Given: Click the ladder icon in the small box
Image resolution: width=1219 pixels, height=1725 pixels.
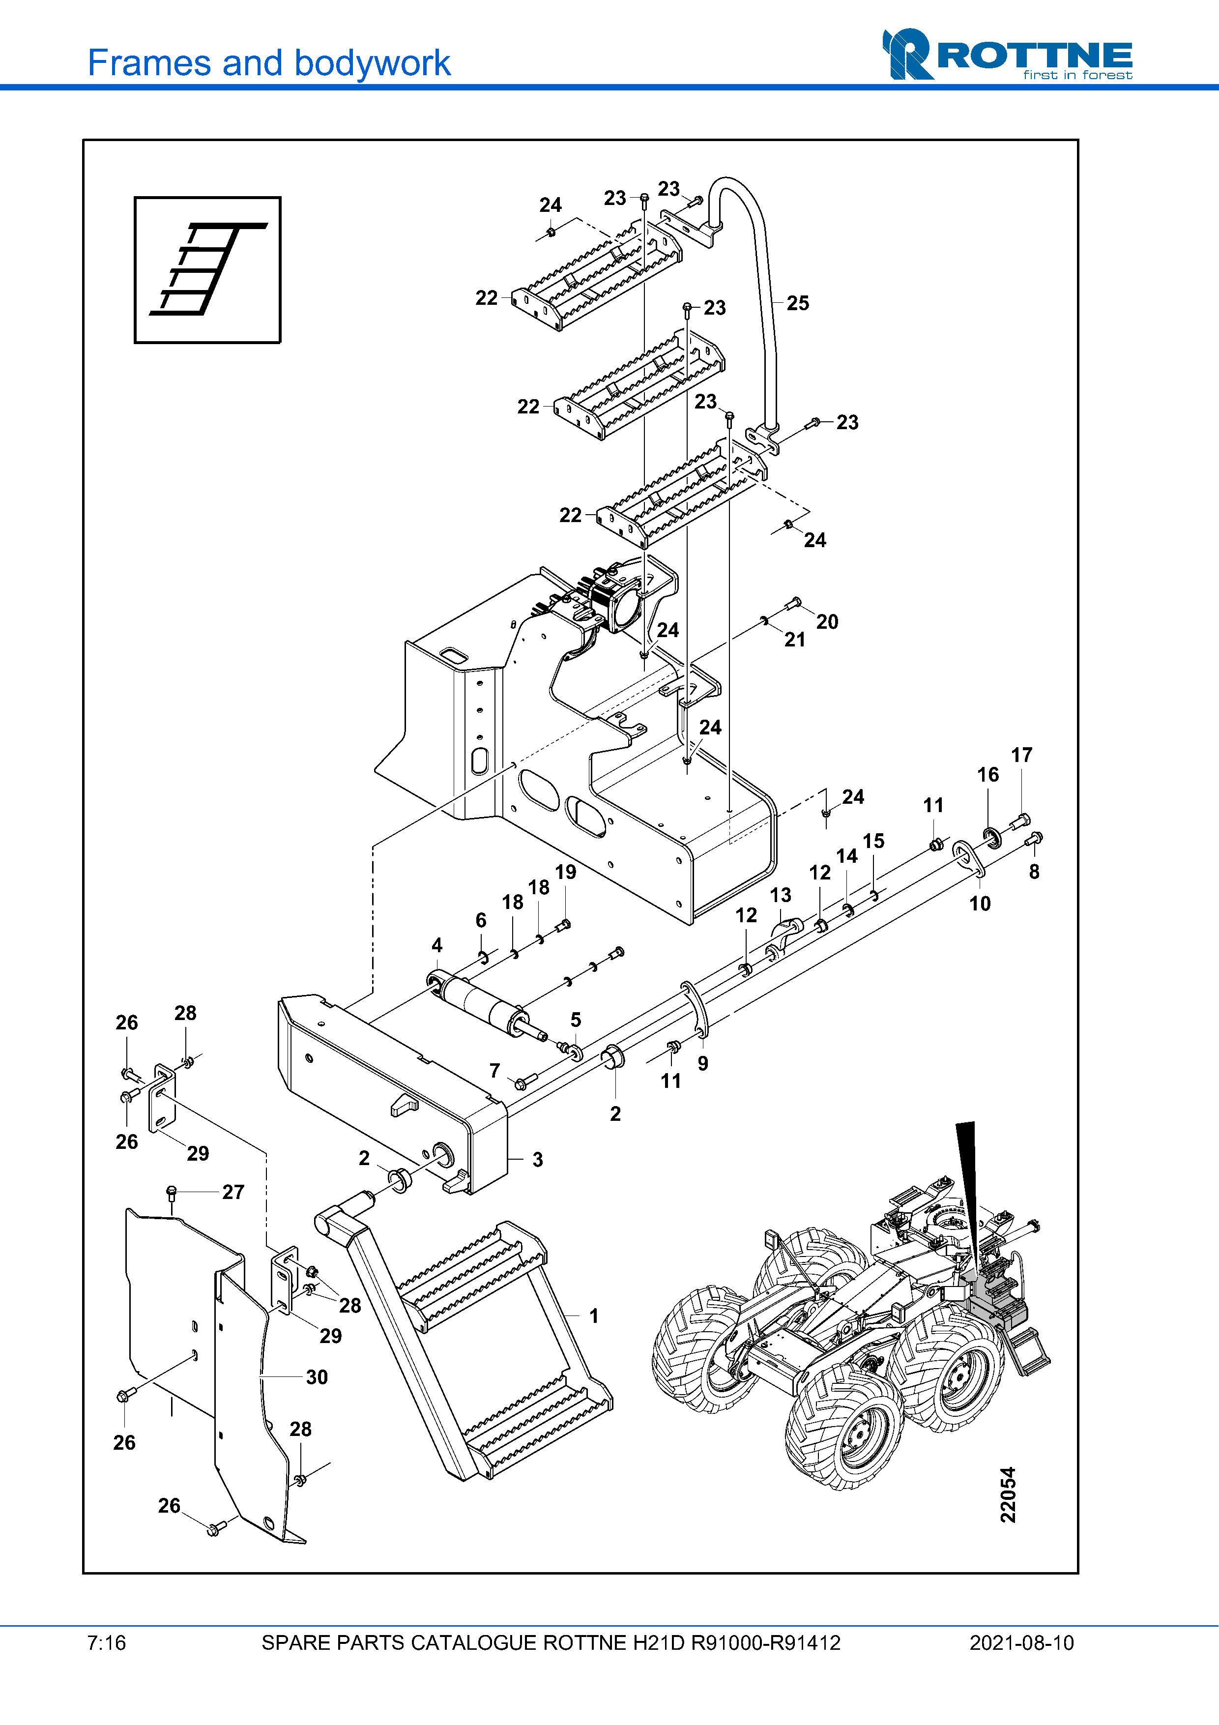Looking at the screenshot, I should (208, 269).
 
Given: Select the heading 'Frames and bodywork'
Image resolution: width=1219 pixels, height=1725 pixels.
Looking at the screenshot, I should (268, 63).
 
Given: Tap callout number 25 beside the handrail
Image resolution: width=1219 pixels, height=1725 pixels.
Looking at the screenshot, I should (798, 303).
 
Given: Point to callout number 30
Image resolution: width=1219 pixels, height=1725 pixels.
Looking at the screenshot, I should (316, 1377).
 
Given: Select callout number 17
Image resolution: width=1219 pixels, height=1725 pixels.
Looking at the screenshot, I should (1021, 755).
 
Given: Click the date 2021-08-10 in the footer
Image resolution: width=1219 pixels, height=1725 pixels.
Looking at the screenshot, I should (1021, 1643).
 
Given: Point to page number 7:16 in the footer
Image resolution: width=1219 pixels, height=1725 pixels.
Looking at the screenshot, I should (107, 1643).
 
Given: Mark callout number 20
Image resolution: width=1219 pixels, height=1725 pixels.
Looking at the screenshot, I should (827, 622).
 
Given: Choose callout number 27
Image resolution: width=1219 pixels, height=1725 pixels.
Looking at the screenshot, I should (233, 1192).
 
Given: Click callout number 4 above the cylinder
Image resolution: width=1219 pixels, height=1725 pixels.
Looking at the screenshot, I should (437, 945).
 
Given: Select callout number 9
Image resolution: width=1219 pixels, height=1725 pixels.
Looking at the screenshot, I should (703, 1063).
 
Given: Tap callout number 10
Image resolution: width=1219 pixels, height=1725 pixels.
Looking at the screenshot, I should (980, 904).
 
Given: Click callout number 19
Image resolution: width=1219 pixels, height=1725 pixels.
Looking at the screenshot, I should (566, 872).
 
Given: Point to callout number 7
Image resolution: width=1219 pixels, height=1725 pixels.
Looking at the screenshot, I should (494, 1071).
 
